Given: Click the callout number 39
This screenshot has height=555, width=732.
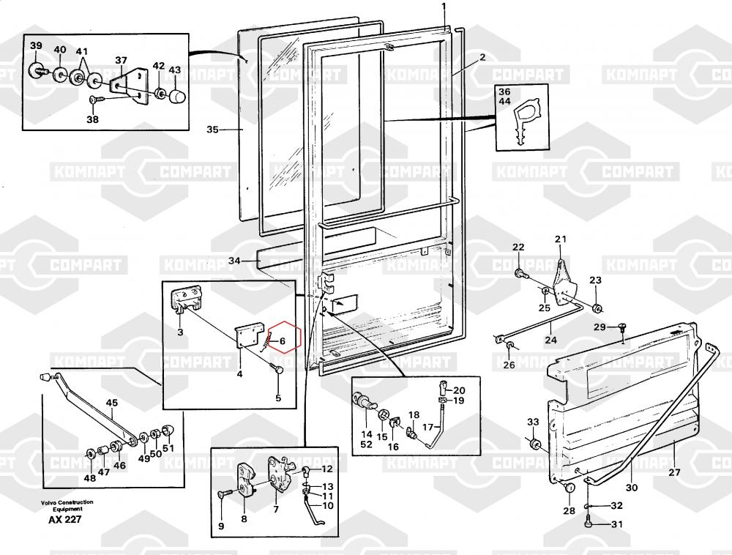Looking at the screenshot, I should click(x=36, y=46).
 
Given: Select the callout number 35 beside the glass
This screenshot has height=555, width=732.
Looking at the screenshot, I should click(x=212, y=130).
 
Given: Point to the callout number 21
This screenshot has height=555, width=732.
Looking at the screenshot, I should click(x=561, y=239).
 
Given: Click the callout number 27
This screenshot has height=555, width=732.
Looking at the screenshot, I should click(x=674, y=472).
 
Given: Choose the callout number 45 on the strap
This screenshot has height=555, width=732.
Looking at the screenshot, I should click(x=112, y=403).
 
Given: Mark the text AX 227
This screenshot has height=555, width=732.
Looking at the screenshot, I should click(x=65, y=520).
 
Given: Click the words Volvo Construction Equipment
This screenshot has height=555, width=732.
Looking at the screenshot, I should click(x=67, y=504).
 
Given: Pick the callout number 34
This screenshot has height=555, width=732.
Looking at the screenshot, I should click(x=234, y=261).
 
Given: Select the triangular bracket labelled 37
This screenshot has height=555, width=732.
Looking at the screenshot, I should click(x=129, y=86).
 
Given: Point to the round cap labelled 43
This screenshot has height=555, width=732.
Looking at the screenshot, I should click(x=176, y=96).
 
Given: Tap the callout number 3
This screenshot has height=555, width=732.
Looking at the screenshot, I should click(x=179, y=332).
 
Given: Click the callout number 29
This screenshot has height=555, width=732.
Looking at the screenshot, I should click(x=600, y=327).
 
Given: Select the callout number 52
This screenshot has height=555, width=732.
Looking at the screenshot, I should click(x=366, y=444).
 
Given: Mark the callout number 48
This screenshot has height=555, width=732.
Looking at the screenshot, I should click(x=89, y=478).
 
